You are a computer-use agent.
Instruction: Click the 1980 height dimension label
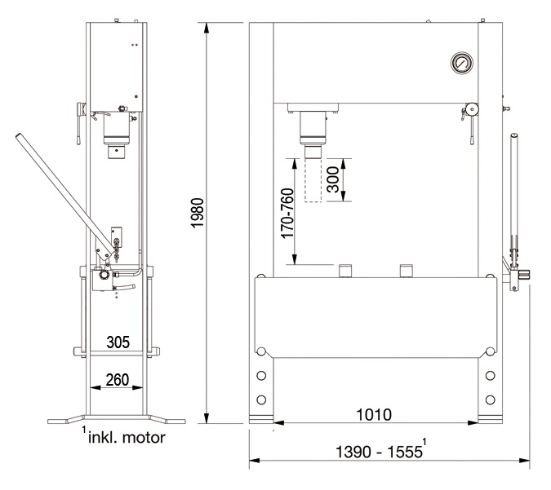[x=198, y=213]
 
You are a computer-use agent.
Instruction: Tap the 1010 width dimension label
[x=374, y=414]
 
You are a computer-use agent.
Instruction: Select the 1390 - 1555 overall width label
[x=379, y=452]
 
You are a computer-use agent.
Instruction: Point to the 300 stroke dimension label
[x=333, y=179]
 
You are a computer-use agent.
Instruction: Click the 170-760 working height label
[x=287, y=213]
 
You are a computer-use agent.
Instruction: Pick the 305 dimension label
[x=118, y=342]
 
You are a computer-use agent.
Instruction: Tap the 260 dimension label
[x=118, y=380]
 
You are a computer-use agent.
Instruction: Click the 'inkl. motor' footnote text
[x=127, y=438]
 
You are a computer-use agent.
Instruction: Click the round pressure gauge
[x=462, y=63]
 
